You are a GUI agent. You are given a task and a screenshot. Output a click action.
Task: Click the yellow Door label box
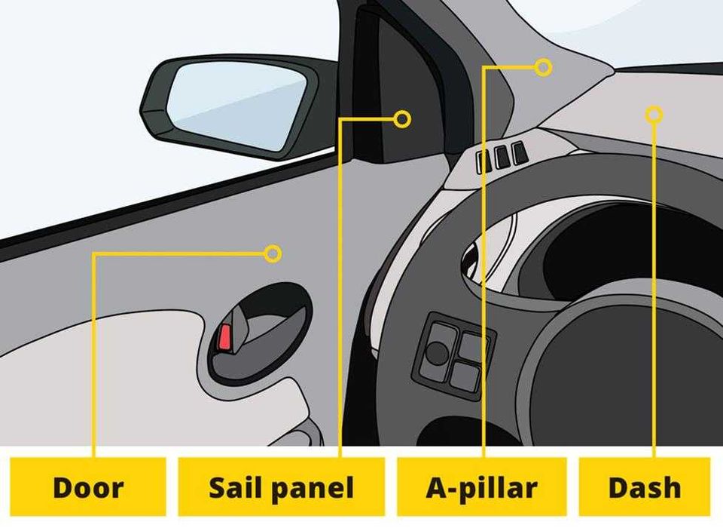click(87, 487)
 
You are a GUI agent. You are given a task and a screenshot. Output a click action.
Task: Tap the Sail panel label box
click(281, 487)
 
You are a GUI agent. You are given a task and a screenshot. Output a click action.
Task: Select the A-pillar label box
click(482, 487)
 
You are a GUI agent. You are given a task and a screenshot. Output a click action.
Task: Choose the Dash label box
click(645, 487)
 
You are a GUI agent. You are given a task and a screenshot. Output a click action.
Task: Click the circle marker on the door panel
click(273, 253)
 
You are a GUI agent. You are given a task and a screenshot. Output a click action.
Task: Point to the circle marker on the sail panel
click(402, 119)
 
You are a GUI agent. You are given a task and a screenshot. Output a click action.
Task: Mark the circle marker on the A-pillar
click(544, 67)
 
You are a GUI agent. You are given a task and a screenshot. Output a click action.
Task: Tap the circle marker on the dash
click(654, 115)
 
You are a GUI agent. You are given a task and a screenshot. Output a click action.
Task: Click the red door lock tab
click(224, 336)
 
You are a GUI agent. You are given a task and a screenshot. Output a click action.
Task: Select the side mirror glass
click(237, 106)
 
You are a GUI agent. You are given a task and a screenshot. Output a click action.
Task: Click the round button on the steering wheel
click(436, 352)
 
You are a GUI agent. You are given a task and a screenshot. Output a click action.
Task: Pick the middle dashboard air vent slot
click(502, 157)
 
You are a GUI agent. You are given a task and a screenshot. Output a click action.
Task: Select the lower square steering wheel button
click(465, 376)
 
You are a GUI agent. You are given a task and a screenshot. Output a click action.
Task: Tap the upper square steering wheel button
click(475, 345)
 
